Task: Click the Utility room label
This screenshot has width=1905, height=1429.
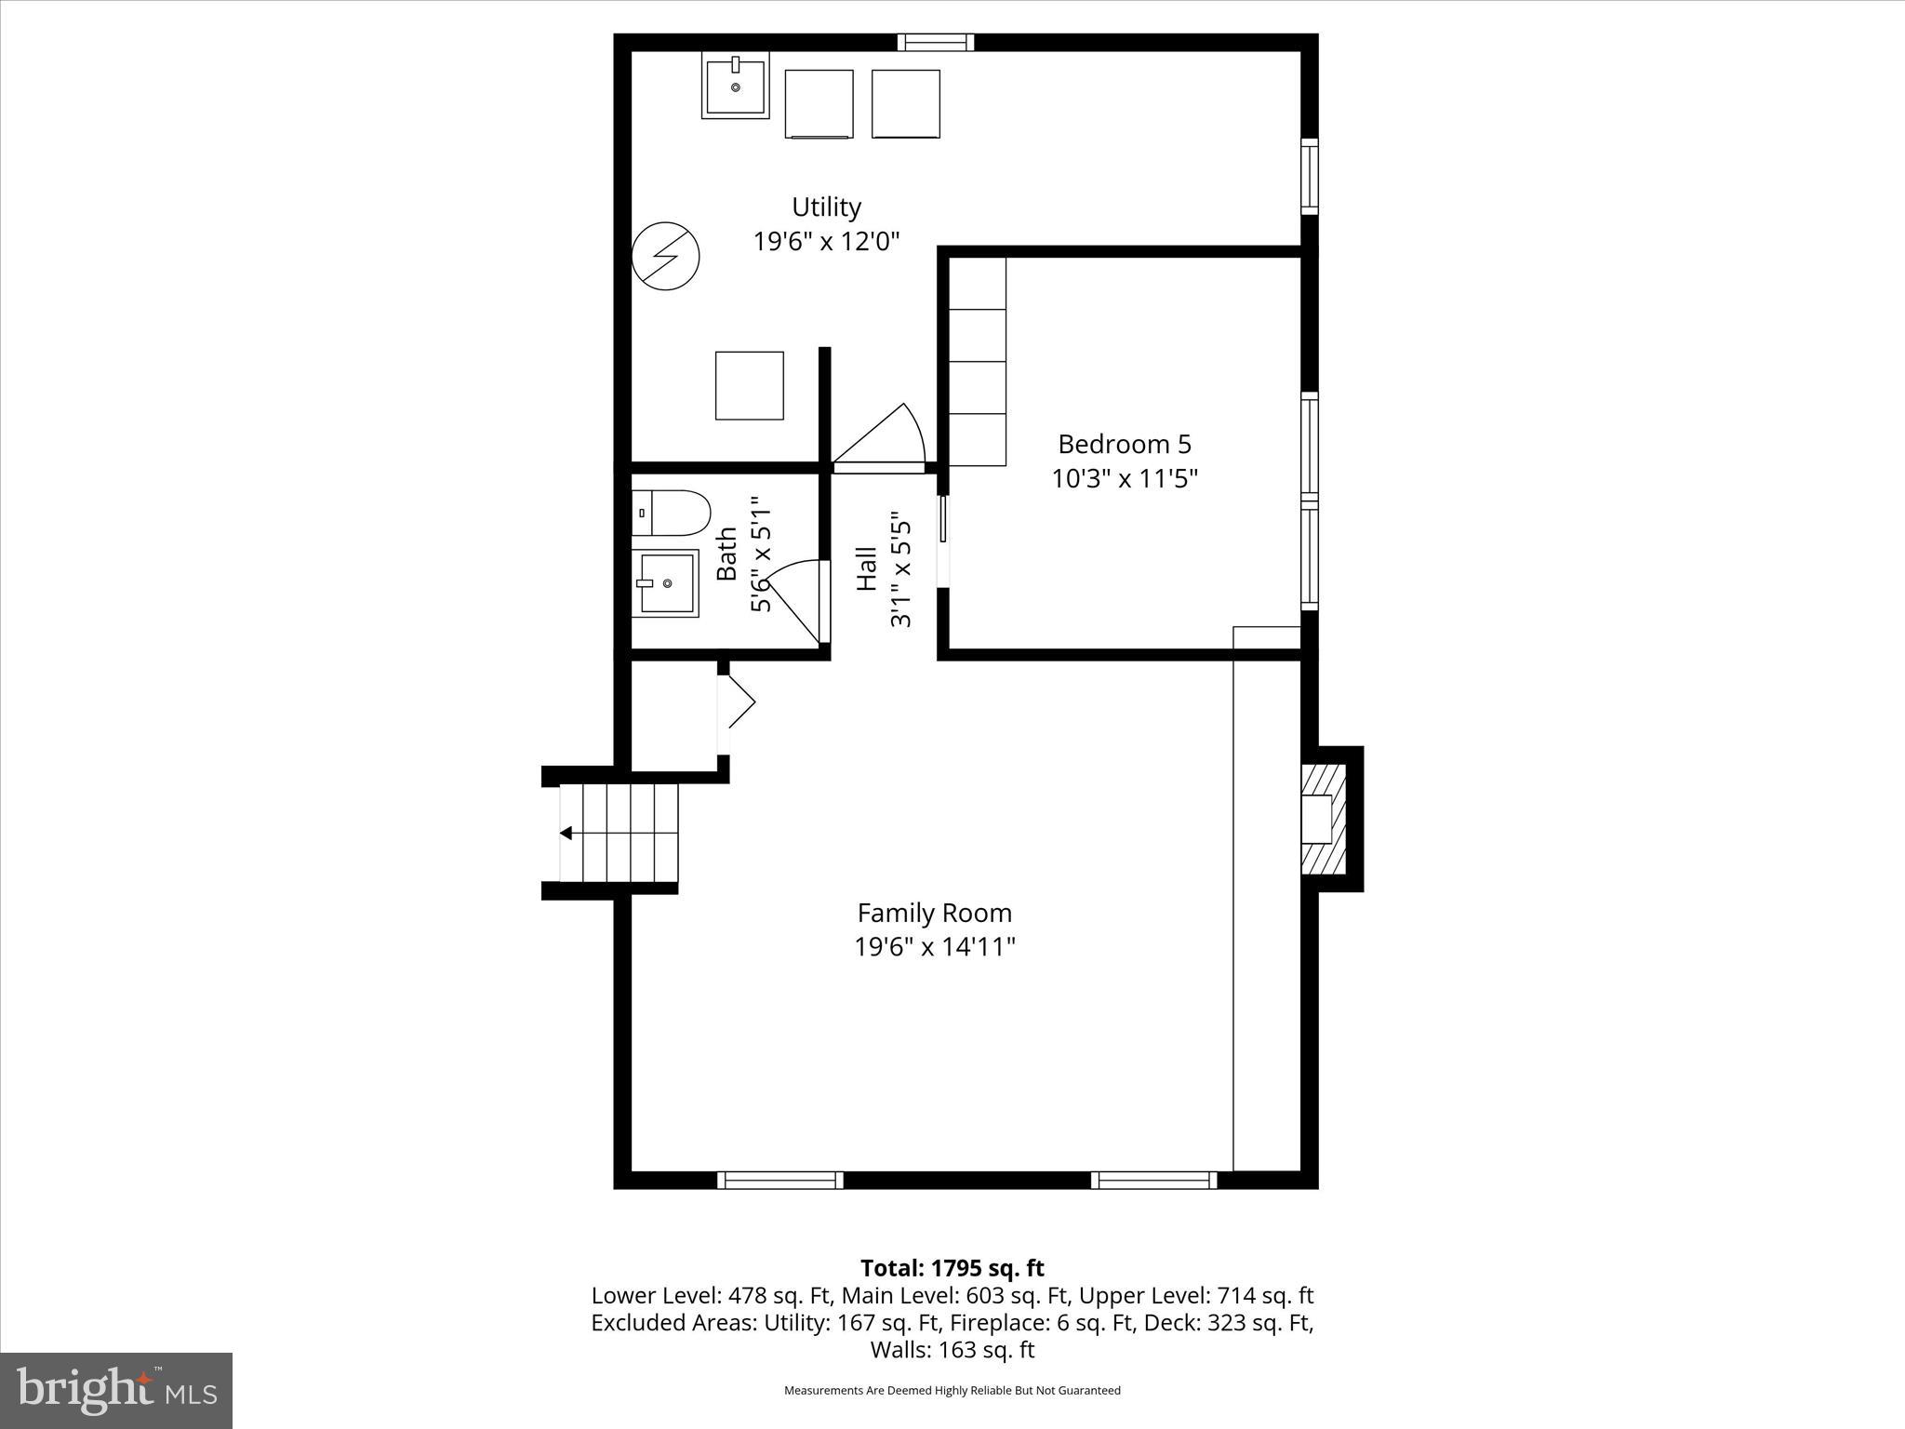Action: pyautogui.click(x=826, y=207)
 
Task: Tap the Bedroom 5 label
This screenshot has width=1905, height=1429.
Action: pyautogui.click(x=1124, y=444)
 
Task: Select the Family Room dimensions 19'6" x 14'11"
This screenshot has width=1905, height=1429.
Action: pyautogui.click(x=934, y=947)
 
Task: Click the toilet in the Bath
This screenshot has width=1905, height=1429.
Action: pyautogui.click(x=672, y=514)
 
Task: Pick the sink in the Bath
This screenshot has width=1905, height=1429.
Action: pyautogui.click(x=666, y=582)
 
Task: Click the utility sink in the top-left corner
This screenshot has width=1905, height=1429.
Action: pyautogui.click(x=736, y=87)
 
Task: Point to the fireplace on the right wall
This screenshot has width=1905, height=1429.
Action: pyautogui.click(x=1324, y=819)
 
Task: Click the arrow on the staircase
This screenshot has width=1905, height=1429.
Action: pyautogui.click(x=566, y=833)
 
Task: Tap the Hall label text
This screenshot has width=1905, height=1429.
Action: pyautogui.click(x=866, y=568)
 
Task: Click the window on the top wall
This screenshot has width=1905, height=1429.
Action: pyautogui.click(x=936, y=42)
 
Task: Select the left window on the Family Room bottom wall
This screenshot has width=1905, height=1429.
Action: pyautogui.click(x=780, y=1180)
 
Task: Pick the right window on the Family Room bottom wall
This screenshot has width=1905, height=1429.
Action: pyautogui.click(x=1153, y=1180)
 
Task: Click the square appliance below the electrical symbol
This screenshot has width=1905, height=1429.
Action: pyautogui.click(x=749, y=385)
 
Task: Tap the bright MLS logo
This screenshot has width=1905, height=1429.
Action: pyautogui.click(x=116, y=1390)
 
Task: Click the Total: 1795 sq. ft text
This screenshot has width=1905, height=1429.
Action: pyautogui.click(x=952, y=1268)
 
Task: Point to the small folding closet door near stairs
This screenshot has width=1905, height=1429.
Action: pyautogui.click(x=739, y=701)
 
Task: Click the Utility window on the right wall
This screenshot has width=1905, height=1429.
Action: pyautogui.click(x=1309, y=177)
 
